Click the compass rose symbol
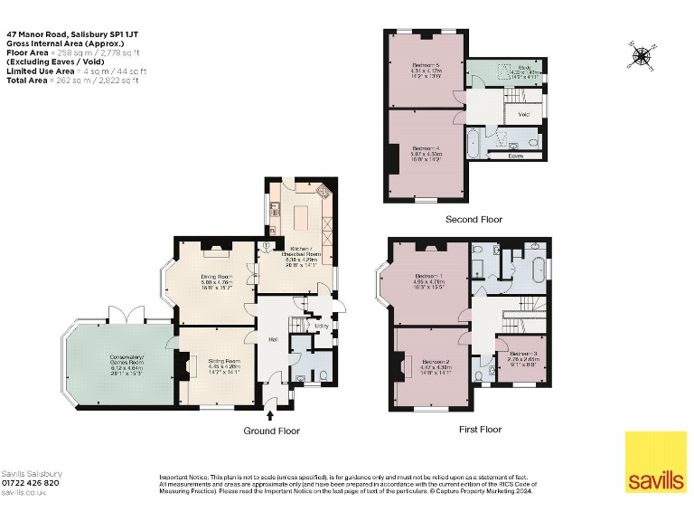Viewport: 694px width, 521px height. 642,57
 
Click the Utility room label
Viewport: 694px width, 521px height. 319,326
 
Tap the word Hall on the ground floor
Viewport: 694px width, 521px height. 272,339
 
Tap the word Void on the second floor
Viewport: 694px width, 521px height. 525,115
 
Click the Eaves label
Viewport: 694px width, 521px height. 515,156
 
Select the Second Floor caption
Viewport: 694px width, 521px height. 473,219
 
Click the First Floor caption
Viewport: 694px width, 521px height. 479,429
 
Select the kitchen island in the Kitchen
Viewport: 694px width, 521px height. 301,217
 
